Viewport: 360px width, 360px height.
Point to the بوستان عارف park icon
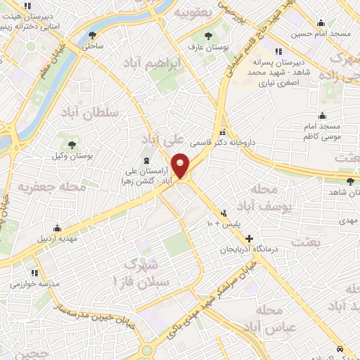tap(208, 36)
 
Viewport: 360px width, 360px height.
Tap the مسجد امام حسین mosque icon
tap(321, 22)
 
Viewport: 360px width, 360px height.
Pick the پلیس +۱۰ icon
tap(224, 212)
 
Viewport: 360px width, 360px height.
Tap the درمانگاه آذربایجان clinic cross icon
tap(248, 239)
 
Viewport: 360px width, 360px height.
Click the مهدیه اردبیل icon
tap(57, 229)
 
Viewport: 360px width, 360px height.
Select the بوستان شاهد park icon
tap(331, 181)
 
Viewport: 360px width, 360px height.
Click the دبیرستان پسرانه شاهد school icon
tap(279, 51)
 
